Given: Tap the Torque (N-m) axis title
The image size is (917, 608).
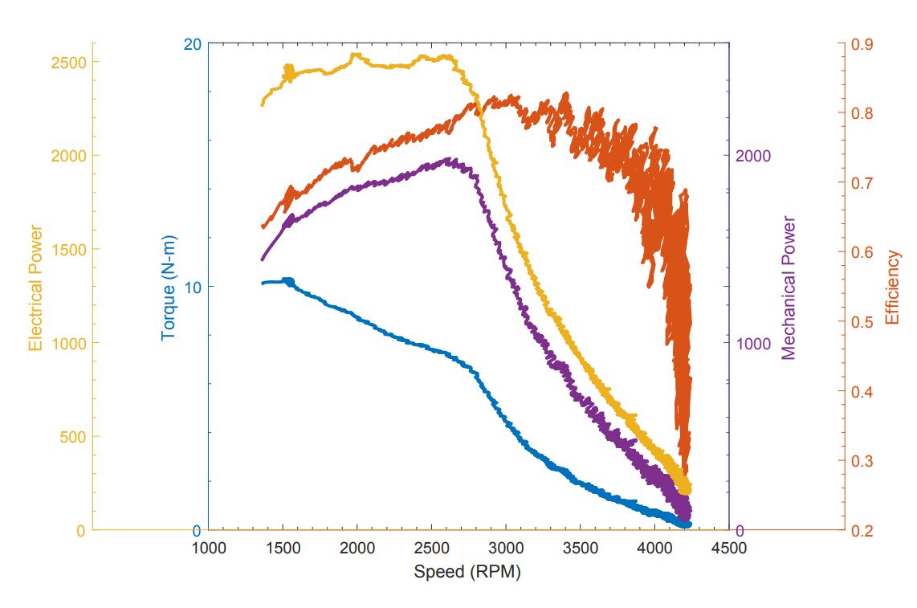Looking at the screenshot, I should [169, 288].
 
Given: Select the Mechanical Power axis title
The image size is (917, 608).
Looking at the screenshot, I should [789, 288].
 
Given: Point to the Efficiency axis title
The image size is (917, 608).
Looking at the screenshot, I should [892, 288].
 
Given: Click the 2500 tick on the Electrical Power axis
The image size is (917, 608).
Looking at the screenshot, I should [70, 62].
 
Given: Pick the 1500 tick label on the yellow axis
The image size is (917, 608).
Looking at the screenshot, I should [70, 249].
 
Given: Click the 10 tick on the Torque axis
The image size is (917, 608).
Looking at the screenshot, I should [192, 287].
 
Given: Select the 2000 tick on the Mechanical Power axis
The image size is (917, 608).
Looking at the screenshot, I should [753, 156].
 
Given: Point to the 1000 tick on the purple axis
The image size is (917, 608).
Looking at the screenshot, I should [753, 343].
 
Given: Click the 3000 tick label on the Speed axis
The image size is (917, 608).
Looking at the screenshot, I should [506, 549].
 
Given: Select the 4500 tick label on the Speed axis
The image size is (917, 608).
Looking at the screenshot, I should [729, 549].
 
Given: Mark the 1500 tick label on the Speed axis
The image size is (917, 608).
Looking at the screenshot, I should [283, 549].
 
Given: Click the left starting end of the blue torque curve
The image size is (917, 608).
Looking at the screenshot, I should [263, 283].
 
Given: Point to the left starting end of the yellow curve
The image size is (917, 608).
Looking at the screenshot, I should [262, 104].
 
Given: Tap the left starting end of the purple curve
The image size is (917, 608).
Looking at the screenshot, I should [262, 259].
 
